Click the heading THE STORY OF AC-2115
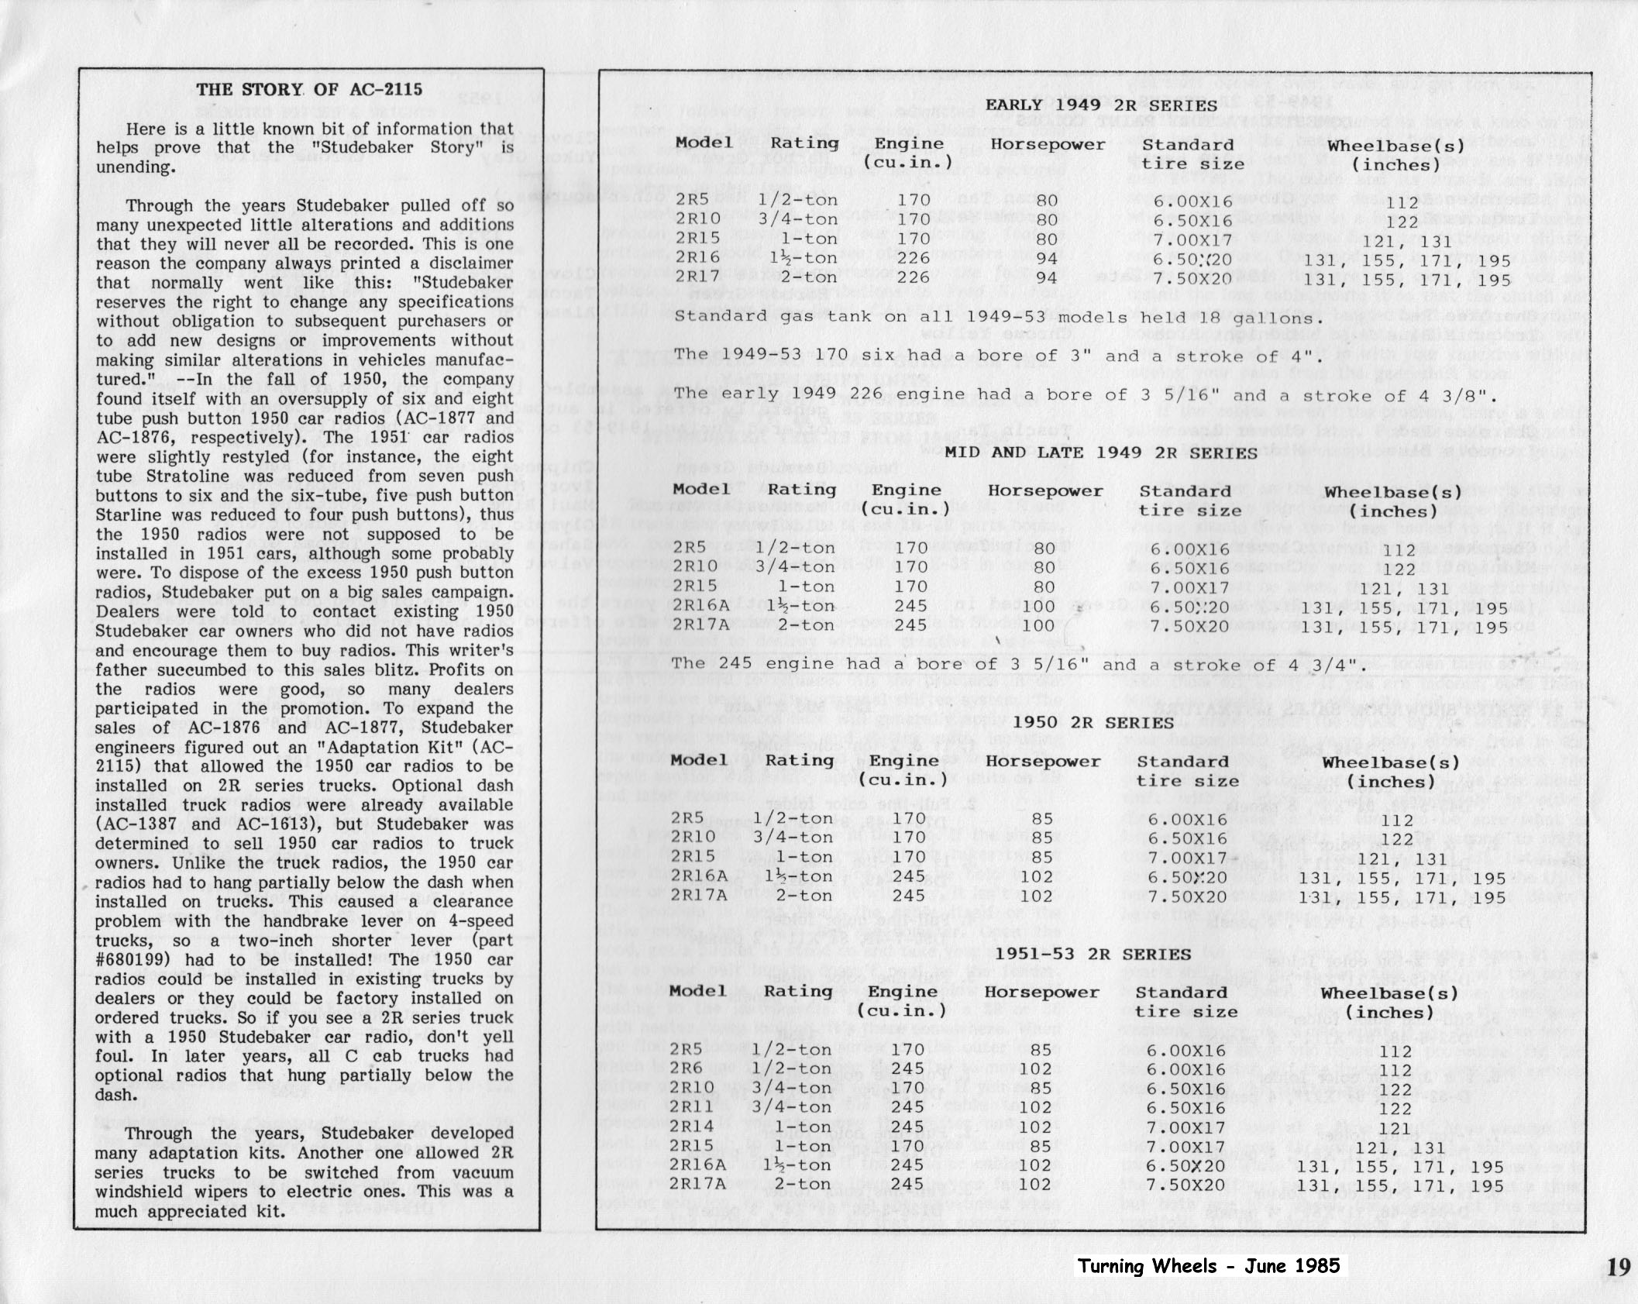point(309,89)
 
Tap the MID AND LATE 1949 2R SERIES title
point(1100,452)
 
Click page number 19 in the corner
point(1618,1267)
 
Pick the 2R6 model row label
point(686,1069)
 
